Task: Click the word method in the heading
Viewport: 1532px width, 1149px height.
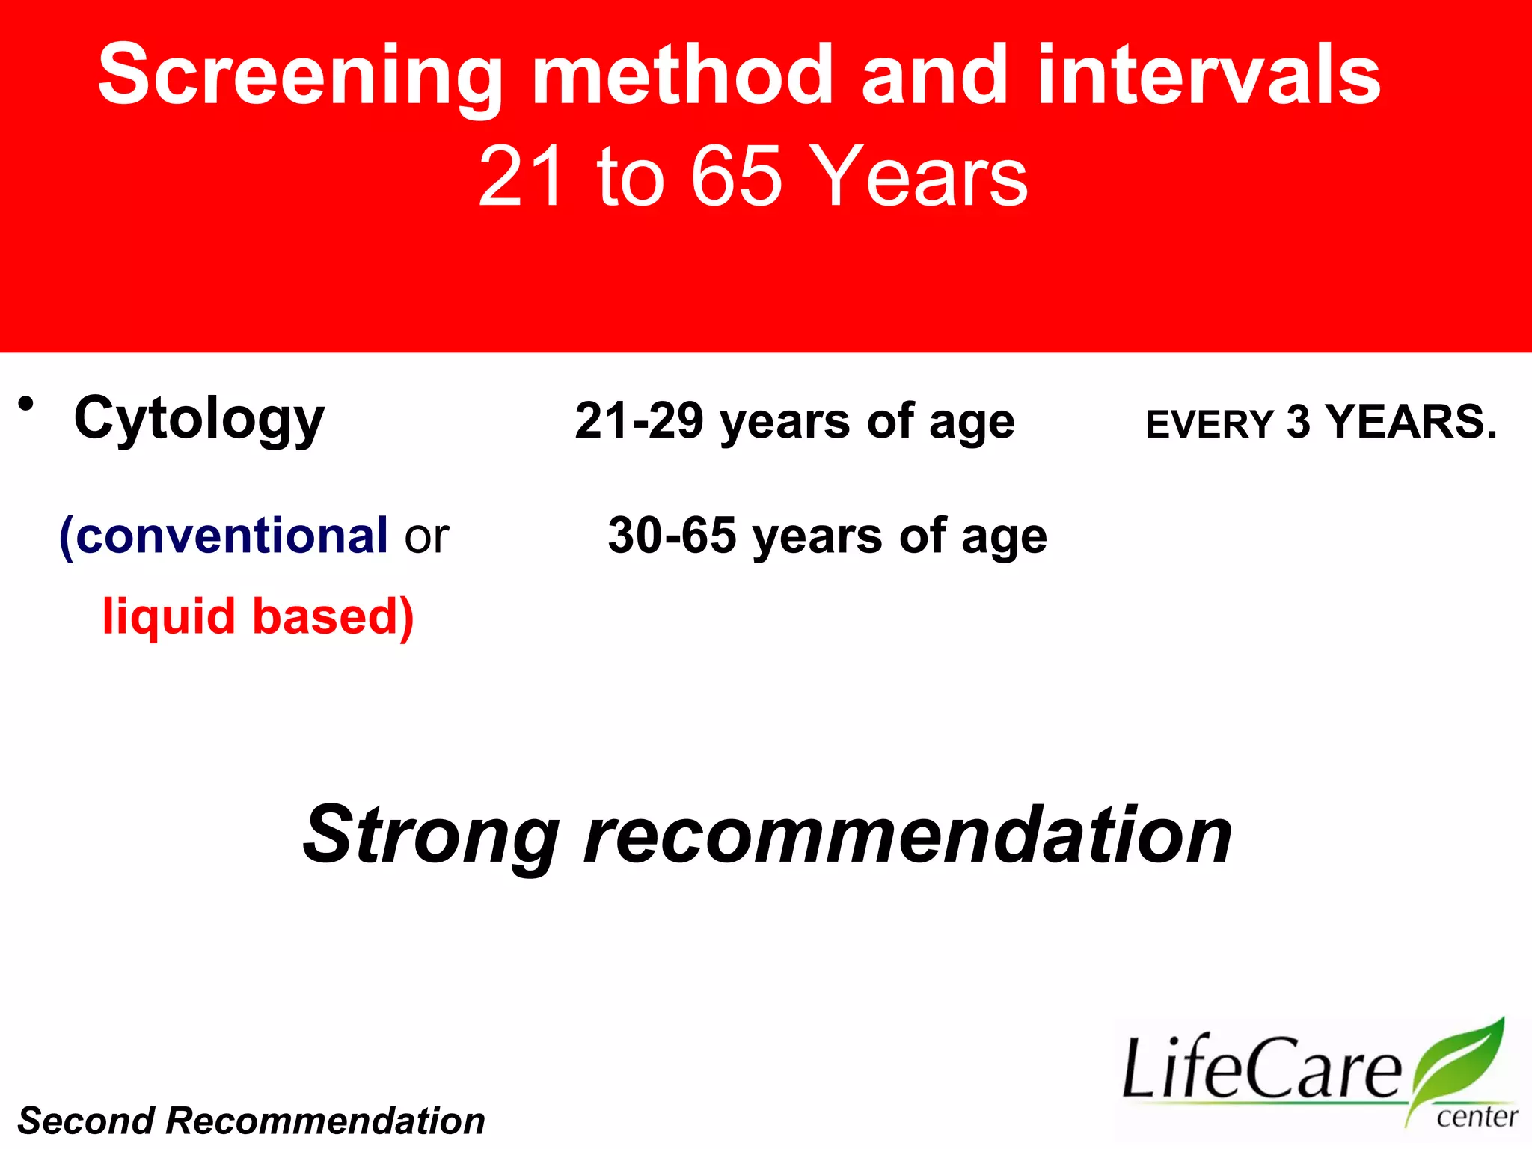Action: pyautogui.click(x=682, y=75)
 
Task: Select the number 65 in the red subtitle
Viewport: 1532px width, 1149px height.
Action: pyautogui.click(x=736, y=177)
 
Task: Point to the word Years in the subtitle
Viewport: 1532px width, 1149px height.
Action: pyautogui.click(x=919, y=177)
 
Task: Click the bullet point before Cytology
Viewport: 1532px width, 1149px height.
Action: pyautogui.click(x=27, y=405)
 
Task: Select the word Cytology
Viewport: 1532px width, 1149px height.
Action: pyautogui.click(x=199, y=419)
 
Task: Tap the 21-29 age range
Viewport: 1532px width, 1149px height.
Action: pyautogui.click(x=639, y=421)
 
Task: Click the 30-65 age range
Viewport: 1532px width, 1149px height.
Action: pyautogui.click(x=672, y=536)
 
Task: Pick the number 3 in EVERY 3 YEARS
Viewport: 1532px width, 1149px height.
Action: pyautogui.click(x=1299, y=423)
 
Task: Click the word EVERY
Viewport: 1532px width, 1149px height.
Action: pyautogui.click(x=1209, y=425)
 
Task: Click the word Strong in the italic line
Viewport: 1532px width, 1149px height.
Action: pyautogui.click(x=431, y=835)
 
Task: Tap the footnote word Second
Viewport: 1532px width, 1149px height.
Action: pyautogui.click(x=85, y=1121)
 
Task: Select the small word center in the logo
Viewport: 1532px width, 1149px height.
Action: pyautogui.click(x=1477, y=1117)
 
